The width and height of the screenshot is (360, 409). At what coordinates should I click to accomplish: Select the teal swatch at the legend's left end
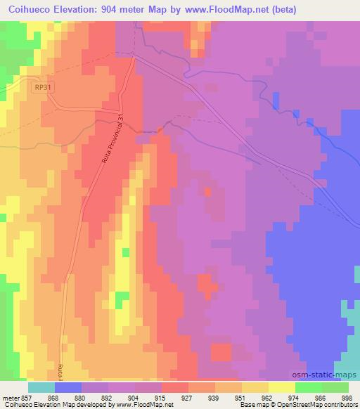tap(41, 387)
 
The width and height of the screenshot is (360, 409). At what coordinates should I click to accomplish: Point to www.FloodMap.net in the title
tap(229, 10)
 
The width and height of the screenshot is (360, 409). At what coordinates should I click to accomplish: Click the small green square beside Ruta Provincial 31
tap(126, 252)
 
